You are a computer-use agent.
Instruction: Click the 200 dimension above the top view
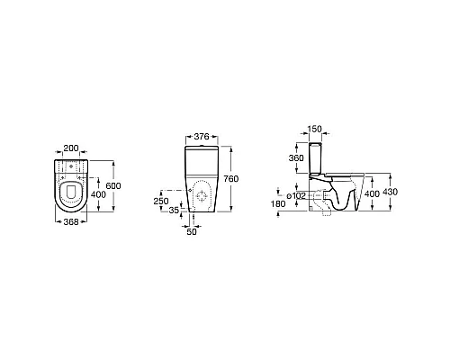[71, 148]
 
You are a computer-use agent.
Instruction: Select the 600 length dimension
[113, 185]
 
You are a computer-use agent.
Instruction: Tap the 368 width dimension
[71, 222]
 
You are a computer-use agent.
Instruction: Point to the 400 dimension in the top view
[98, 194]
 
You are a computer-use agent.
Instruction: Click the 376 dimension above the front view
[202, 137]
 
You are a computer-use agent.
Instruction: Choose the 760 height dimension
[231, 179]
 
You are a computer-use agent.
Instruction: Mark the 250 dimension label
[161, 201]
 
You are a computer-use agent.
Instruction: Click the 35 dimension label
[174, 211]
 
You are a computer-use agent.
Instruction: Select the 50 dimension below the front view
[192, 231]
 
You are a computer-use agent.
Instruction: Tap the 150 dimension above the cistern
[315, 129]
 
